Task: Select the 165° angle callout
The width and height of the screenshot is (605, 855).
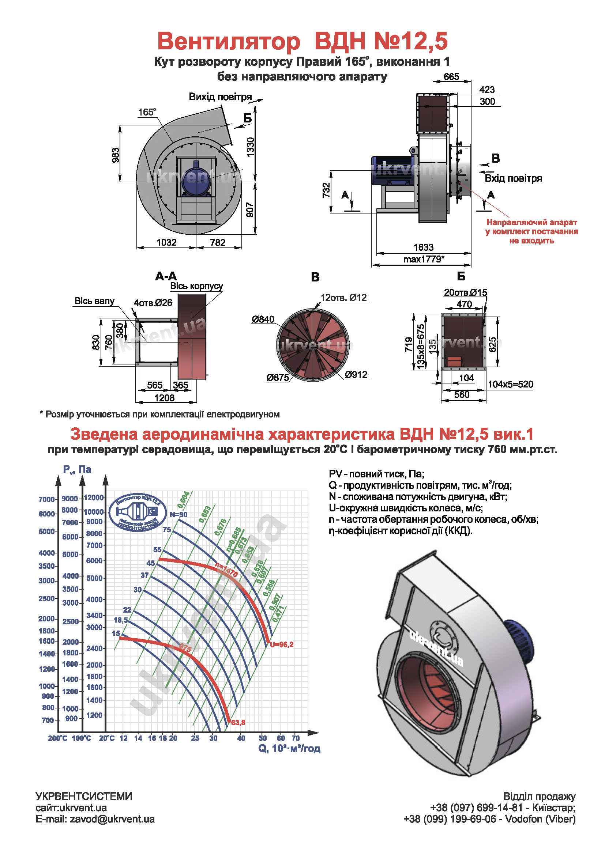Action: click(x=147, y=112)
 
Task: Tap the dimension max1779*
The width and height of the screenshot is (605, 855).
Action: click(x=424, y=259)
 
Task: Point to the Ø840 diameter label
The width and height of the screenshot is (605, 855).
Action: click(x=263, y=319)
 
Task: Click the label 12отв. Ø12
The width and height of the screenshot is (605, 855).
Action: click(x=343, y=297)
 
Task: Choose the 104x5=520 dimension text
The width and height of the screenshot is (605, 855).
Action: click(x=510, y=384)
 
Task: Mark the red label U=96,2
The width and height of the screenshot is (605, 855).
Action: click(x=282, y=644)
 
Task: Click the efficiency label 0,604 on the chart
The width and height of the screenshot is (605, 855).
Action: click(x=184, y=500)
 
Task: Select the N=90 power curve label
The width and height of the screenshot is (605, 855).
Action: click(x=179, y=515)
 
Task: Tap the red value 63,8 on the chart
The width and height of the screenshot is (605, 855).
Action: click(x=238, y=722)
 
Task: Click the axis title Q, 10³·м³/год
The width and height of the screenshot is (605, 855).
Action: click(x=289, y=749)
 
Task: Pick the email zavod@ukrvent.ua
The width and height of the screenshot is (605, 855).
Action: click(x=112, y=819)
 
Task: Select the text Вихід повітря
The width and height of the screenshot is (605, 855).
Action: click(x=220, y=97)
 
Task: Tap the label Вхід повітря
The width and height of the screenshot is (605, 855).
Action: click(x=513, y=178)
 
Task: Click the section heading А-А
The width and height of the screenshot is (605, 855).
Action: click(x=166, y=276)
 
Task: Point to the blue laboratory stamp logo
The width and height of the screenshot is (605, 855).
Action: click(x=138, y=513)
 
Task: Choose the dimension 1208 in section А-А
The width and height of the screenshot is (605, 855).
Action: click(x=164, y=398)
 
